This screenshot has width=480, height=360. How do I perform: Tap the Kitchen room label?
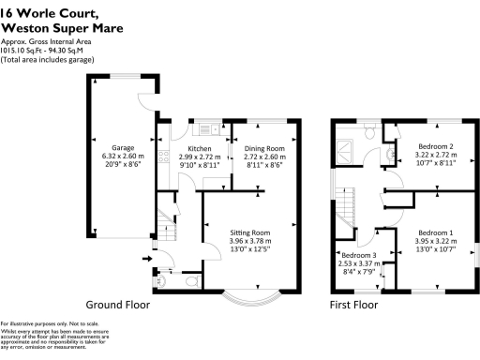(x=200, y=148)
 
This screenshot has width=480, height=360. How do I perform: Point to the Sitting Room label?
(x=251, y=232)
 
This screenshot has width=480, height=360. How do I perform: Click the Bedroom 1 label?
(x=435, y=232)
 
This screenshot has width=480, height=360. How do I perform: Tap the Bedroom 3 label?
(x=359, y=255)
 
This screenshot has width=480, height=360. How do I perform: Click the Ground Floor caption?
(x=117, y=305)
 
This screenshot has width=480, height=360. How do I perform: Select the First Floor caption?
(x=353, y=305)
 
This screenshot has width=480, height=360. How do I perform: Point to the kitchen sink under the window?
(x=204, y=129)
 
